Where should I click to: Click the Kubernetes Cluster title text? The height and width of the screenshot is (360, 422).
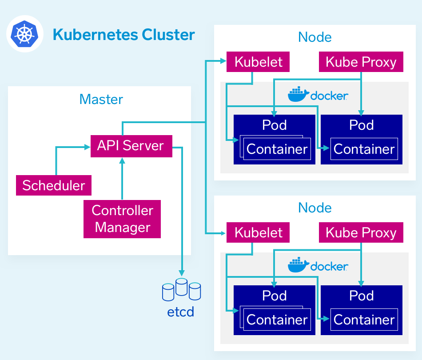point(123,34)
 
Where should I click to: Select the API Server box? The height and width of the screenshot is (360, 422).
point(131,145)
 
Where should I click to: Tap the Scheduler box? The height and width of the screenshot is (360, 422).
point(54,185)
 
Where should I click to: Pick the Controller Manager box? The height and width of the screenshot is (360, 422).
point(122,219)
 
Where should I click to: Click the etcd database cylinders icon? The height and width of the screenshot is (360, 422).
point(181,289)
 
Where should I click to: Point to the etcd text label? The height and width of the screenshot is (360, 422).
point(181,312)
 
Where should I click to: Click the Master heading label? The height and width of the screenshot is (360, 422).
point(101,99)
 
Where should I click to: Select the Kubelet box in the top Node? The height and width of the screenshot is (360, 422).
point(258,62)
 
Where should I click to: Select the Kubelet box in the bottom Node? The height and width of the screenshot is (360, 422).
point(258,232)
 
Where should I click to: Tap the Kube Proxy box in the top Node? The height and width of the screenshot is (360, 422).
point(361,62)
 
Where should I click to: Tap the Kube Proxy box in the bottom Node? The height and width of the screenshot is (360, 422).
point(361,232)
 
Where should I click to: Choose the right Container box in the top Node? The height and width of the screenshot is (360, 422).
point(364,149)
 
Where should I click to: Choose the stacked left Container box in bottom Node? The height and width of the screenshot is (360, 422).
point(277,320)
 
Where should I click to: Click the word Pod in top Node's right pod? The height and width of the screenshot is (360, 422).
point(362,125)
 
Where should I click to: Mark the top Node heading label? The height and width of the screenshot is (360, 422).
point(315,37)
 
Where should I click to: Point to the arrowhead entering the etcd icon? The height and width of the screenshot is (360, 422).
point(181,272)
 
